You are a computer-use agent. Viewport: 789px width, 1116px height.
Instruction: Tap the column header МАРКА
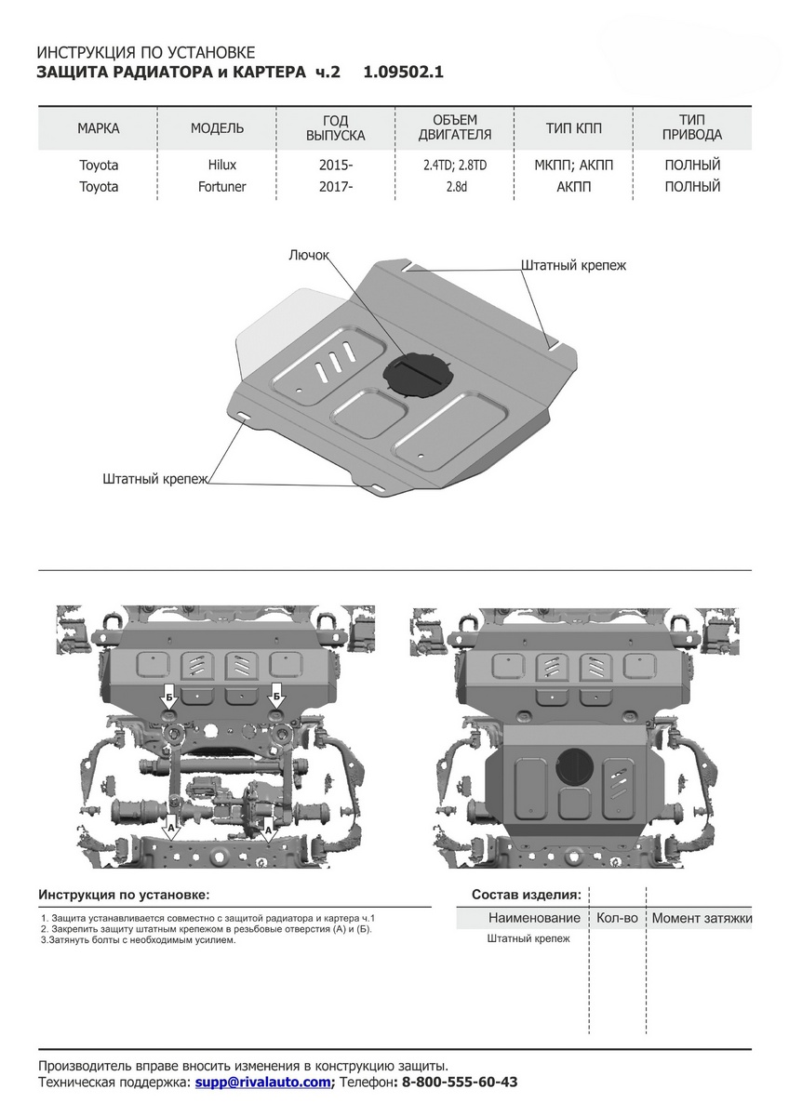[99, 128]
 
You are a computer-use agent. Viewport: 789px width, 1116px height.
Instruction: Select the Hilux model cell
[222, 166]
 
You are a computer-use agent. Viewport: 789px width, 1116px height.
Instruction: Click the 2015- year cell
[336, 166]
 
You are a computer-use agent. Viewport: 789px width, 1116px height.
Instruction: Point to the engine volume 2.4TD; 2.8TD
[455, 166]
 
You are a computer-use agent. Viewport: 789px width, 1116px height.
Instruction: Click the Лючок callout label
[309, 254]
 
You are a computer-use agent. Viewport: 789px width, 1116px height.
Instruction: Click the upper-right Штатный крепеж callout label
[573, 265]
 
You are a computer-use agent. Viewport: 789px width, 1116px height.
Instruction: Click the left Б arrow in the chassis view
[169, 695]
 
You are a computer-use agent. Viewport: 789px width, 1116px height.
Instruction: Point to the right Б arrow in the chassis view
[277, 695]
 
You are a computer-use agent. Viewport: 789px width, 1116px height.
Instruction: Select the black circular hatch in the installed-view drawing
[575, 764]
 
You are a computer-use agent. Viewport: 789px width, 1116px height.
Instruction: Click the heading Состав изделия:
[526, 895]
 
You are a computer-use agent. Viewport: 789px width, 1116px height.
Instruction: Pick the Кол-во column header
[618, 918]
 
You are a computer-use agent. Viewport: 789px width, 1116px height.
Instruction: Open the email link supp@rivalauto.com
[263, 1083]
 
